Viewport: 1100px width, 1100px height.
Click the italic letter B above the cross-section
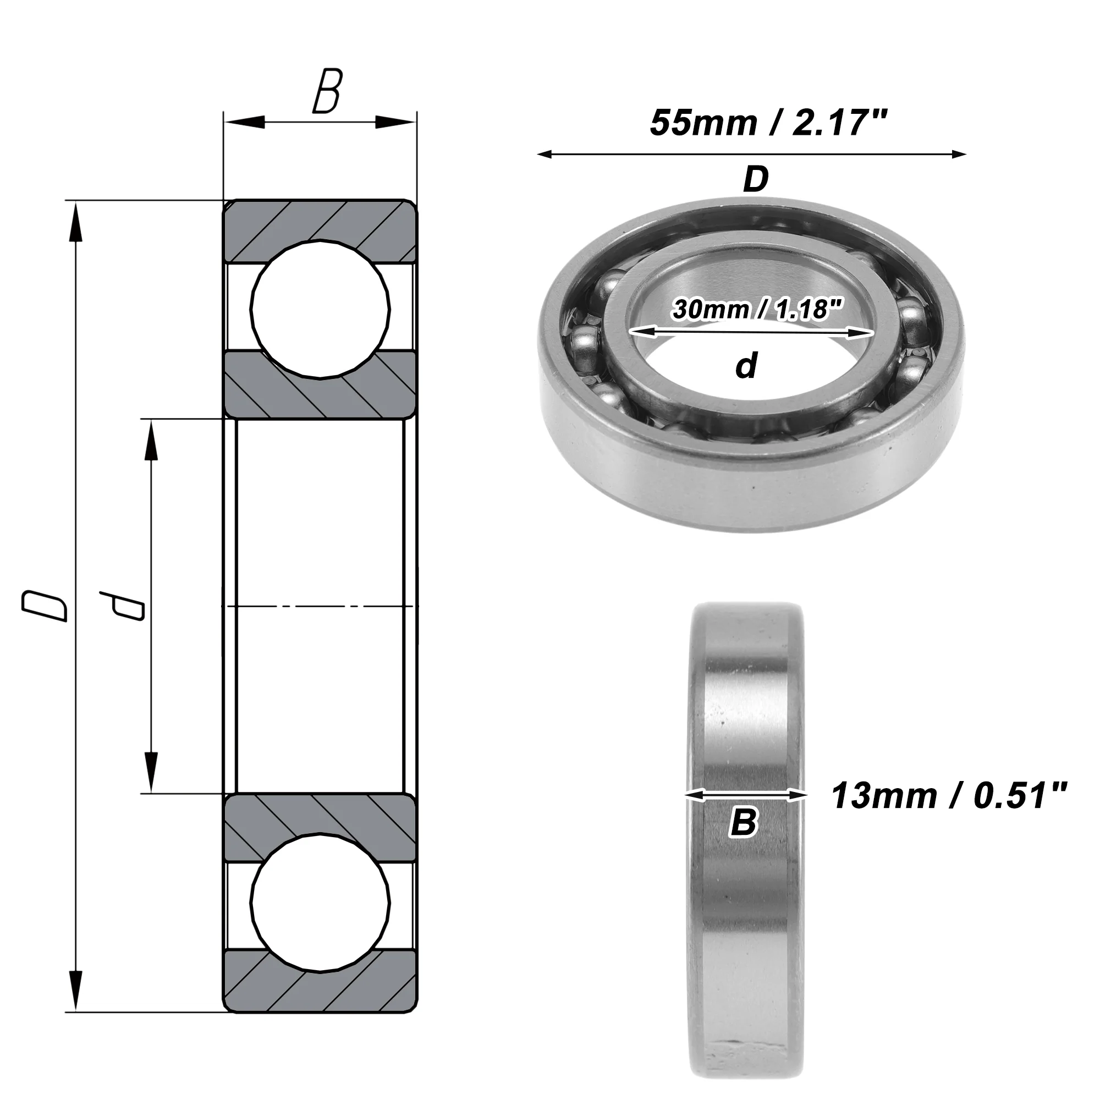tap(327, 91)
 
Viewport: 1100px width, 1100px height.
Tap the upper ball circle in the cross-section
tap(321, 309)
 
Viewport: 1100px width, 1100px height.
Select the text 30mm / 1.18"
tap(757, 310)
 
